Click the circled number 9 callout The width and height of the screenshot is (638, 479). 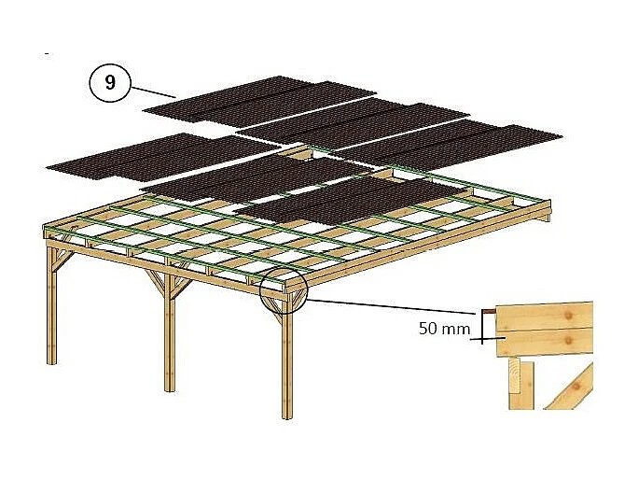pos(111,83)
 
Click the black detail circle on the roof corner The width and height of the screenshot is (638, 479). pos(284,294)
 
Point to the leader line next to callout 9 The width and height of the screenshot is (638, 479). pos(155,91)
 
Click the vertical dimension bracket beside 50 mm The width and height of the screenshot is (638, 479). pos(482,325)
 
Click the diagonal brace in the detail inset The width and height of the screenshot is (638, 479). pos(571,387)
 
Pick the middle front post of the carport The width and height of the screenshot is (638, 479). pos(169,336)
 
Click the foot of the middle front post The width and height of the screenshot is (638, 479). pos(169,387)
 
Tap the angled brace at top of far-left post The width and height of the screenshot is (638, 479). pos(60,267)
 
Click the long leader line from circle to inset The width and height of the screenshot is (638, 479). pos(392,306)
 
